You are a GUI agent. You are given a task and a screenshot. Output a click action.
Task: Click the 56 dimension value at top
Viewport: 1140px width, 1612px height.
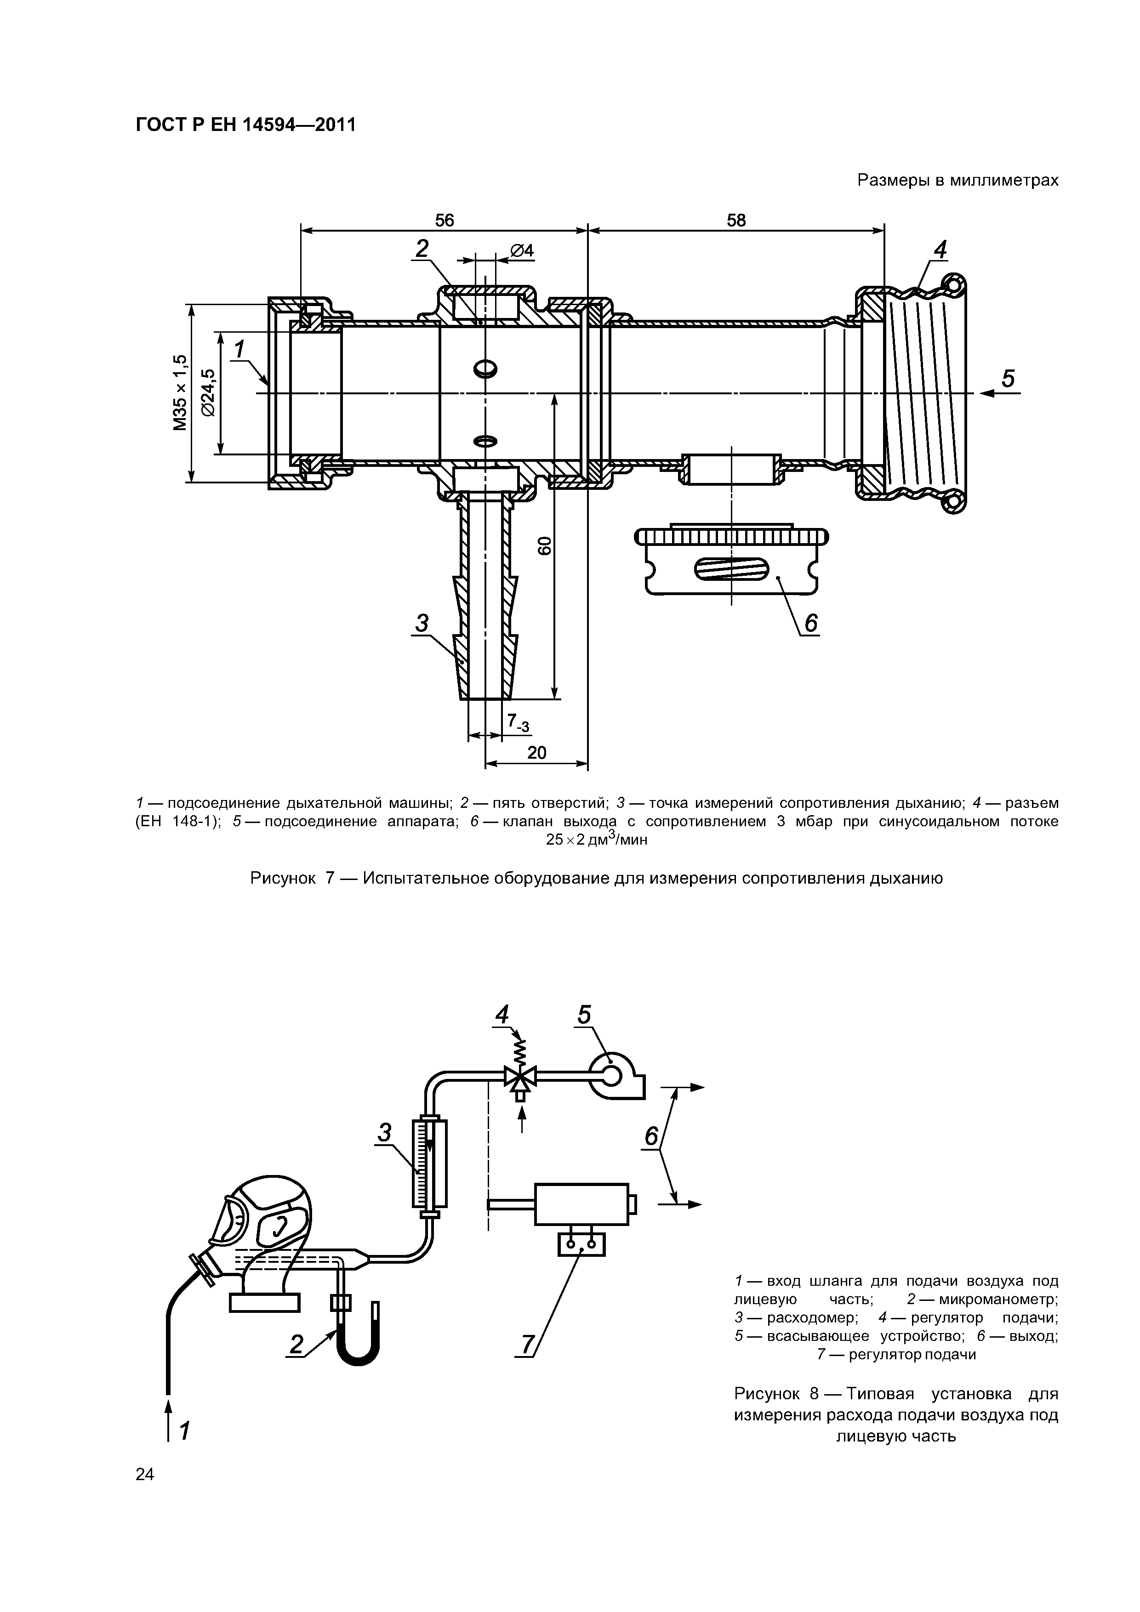click(445, 221)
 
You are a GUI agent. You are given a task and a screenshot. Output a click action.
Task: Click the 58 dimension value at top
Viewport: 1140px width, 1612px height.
click(736, 221)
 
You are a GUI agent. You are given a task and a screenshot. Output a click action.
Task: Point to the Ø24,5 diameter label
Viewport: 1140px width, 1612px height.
click(209, 393)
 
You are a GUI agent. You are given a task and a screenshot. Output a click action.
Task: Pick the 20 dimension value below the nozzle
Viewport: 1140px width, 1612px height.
click(536, 753)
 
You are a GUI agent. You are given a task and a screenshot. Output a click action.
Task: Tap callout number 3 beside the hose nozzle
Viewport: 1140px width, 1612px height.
click(422, 623)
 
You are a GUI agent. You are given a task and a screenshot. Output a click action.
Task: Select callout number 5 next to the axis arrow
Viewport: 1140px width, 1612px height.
click(1008, 379)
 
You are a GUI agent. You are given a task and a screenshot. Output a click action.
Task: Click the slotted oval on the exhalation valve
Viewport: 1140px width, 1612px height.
click(731, 569)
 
